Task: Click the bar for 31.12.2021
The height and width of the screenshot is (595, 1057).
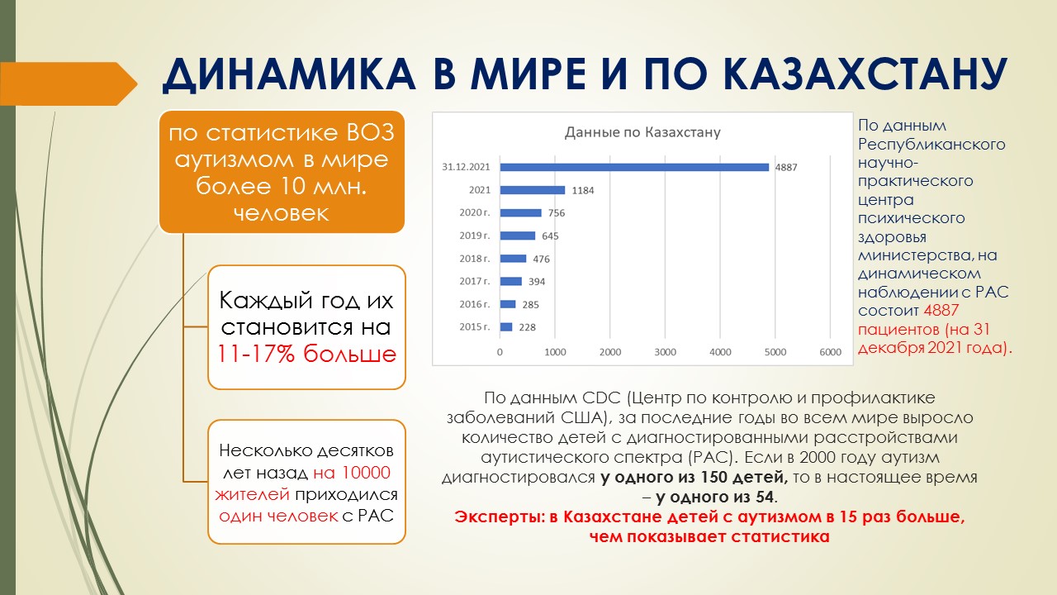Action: pyautogui.click(x=634, y=167)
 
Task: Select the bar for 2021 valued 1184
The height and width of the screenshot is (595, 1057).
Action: pyautogui.click(x=533, y=190)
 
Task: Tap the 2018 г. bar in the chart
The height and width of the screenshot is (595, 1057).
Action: pyautogui.click(x=513, y=259)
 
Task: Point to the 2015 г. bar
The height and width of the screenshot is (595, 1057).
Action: pyautogui.click(x=506, y=326)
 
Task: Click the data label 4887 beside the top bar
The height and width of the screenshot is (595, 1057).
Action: pyautogui.click(x=786, y=167)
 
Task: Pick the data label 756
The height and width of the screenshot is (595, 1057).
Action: pyautogui.click(x=557, y=213)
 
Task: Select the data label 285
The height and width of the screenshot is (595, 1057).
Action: pyautogui.click(x=530, y=305)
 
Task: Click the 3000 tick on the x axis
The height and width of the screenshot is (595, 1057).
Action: pyautogui.click(x=665, y=352)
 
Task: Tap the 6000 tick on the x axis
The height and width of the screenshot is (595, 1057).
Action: pyautogui.click(x=831, y=352)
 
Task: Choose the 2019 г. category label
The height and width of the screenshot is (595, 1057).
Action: pyautogui.click(x=475, y=236)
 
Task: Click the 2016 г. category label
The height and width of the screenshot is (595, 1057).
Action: pyautogui.click(x=475, y=304)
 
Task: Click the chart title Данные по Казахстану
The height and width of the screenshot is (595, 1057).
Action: pyautogui.click(x=642, y=132)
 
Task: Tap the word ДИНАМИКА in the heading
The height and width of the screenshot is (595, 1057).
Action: pyautogui.click(x=289, y=74)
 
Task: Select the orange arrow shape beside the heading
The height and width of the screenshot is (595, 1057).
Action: pyautogui.click(x=69, y=83)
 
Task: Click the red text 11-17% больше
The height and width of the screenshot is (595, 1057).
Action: pyautogui.click(x=306, y=354)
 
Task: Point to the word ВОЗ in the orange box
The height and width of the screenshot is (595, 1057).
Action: pyautogui.click(x=371, y=133)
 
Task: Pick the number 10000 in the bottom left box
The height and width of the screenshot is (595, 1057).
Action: pyautogui.click(x=366, y=473)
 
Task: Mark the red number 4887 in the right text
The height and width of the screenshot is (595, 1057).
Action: pyautogui.click(x=941, y=310)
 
